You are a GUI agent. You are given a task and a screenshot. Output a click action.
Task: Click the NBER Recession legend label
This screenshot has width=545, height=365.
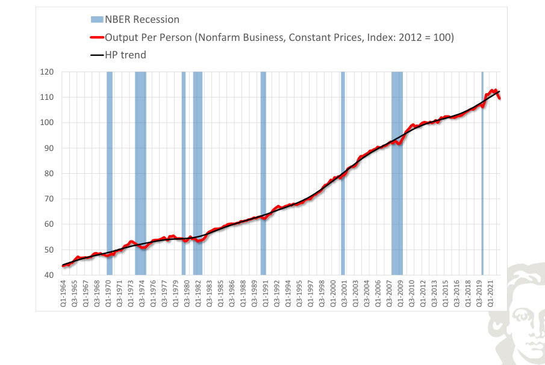click(142, 19)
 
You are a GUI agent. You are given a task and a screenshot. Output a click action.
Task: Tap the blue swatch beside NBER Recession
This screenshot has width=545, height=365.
click(97, 19)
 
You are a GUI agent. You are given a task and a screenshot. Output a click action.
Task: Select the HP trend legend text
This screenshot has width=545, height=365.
click(125, 55)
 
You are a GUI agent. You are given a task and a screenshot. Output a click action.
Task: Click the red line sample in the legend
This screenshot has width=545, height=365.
click(97, 37)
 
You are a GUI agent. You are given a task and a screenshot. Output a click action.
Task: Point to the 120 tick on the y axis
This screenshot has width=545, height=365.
click(47, 72)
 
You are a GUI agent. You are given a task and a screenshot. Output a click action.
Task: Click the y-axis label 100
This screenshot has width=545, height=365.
click(47, 123)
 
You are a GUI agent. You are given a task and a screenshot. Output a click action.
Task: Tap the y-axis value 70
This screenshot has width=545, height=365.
click(49, 199)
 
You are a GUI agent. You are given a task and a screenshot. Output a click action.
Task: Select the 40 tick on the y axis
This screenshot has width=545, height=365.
click(49, 275)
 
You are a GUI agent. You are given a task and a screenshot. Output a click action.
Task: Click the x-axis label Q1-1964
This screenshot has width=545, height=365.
click(63, 293)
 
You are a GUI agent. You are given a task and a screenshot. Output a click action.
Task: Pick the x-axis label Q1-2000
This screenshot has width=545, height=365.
click(333, 293)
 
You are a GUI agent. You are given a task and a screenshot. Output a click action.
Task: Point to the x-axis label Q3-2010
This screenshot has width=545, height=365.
click(411, 293)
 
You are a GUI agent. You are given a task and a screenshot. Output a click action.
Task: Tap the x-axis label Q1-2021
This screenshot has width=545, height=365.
click(490, 293)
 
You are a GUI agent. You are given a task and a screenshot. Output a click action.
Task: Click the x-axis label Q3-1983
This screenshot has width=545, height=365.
click(209, 293)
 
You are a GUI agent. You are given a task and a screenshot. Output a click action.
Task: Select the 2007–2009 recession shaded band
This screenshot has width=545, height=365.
click(397, 173)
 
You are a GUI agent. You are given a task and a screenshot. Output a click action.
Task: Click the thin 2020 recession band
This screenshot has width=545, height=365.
click(482, 173)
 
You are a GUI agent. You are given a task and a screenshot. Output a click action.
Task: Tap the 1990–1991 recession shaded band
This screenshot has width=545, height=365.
click(263, 173)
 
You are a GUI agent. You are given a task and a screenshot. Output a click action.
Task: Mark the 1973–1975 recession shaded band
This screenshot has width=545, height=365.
click(140, 173)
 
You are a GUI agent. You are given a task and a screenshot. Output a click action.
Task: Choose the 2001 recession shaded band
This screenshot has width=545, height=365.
click(343, 173)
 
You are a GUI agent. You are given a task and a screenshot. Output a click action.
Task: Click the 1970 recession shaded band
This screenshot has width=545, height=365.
click(110, 173)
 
